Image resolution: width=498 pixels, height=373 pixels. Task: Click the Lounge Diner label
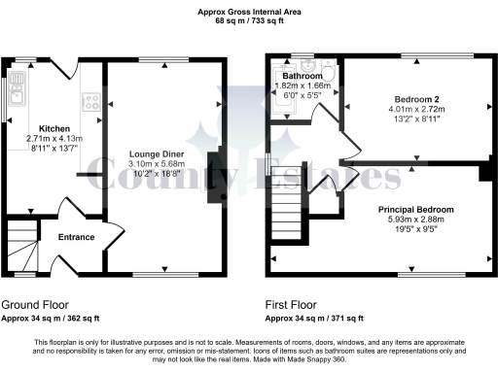pos(157,153)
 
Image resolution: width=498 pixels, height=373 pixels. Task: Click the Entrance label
pos(77,236)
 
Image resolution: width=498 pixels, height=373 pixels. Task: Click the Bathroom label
pos(302,76)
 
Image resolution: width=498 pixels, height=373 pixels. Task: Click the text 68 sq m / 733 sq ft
pos(249,20)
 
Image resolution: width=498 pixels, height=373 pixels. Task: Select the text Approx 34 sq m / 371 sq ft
pos(315,318)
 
